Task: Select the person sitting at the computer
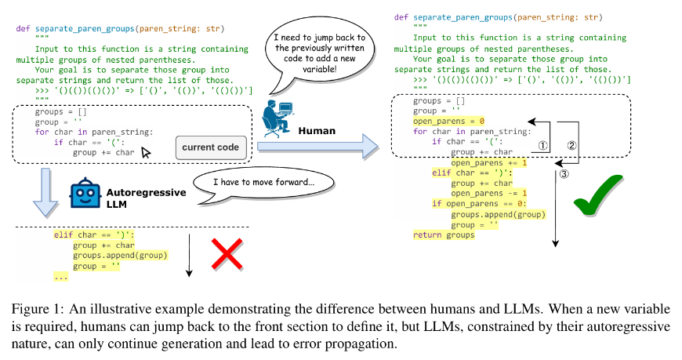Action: [x=278, y=117]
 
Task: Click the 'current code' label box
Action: [x=209, y=147]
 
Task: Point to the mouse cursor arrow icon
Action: [x=147, y=154]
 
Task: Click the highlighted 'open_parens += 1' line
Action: [x=487, y=163]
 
